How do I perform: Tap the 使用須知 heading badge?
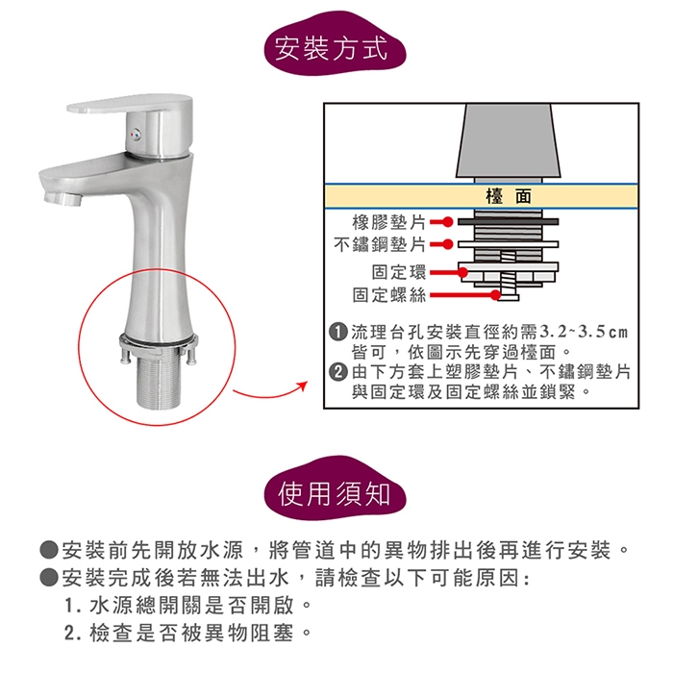335,491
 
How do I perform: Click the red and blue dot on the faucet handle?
136,137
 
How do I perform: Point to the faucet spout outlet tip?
62,198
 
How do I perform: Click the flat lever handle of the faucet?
129,104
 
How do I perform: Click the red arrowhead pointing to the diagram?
304,385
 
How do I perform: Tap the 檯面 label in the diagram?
509,196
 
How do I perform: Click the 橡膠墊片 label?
388,222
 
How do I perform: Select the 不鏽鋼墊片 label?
380,244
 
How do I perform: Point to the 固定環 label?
399,272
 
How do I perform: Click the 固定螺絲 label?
388,295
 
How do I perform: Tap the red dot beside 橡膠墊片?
448,222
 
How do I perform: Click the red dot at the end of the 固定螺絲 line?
495,295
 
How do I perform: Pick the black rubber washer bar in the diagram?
509,222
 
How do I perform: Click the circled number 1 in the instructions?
338,332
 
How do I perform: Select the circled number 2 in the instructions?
338,371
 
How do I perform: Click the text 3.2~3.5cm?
584,332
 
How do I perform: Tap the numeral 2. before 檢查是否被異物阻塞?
71,633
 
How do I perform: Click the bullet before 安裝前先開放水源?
48,550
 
